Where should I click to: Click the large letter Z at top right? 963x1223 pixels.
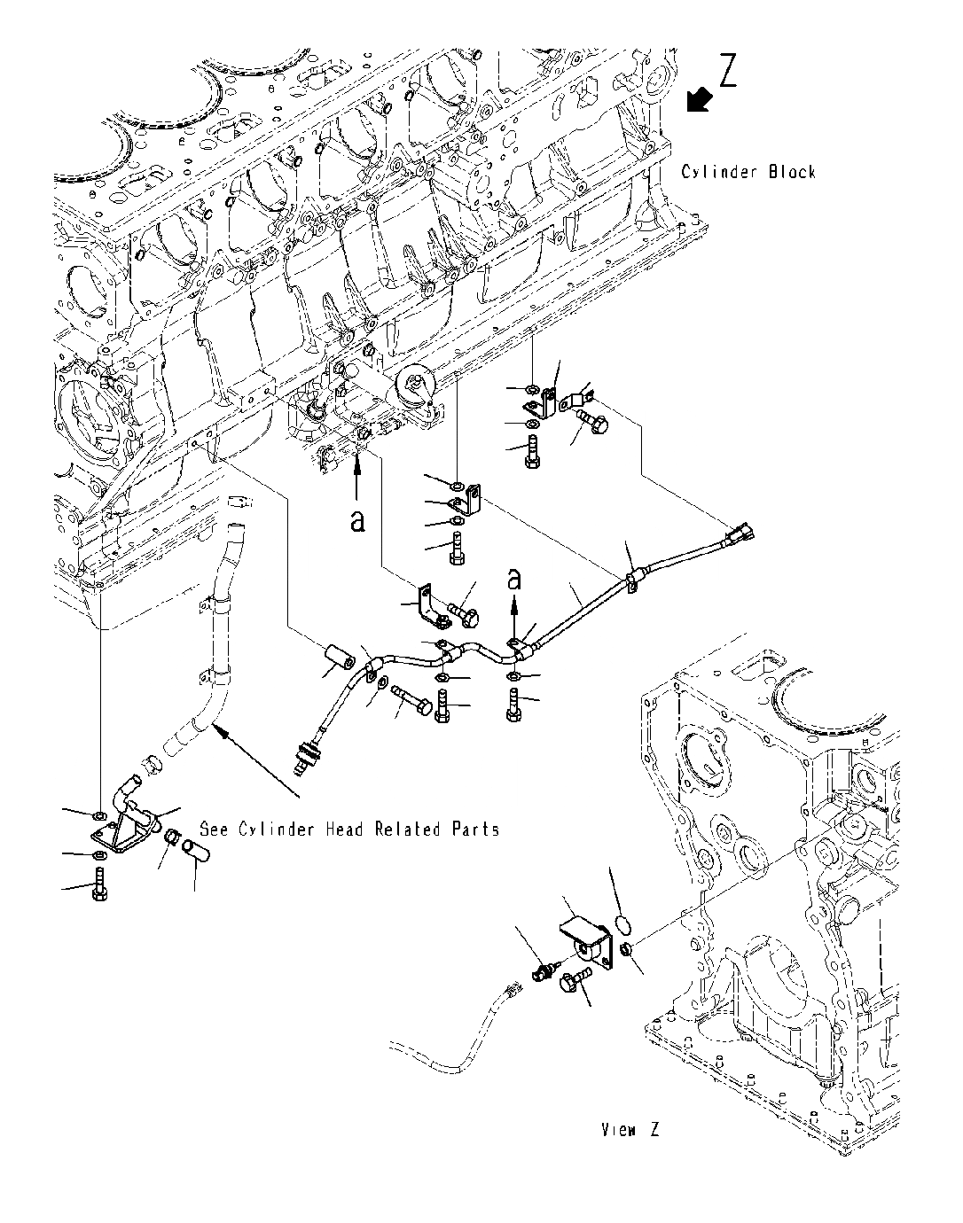pyautogui.click(x=728, y=71)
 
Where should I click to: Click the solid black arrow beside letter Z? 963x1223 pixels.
pyautogui.click(x=699, y=99)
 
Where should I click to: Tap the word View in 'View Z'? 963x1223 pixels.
pyautogui.click(x=619, y=1129)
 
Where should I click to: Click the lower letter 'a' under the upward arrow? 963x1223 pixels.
pyautogui.click(x=357, y=520)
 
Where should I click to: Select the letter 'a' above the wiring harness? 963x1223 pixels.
pyautogui.click(x=514, y=579)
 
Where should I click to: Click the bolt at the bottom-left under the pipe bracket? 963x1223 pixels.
pyautogui.click(x=99, y=885)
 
